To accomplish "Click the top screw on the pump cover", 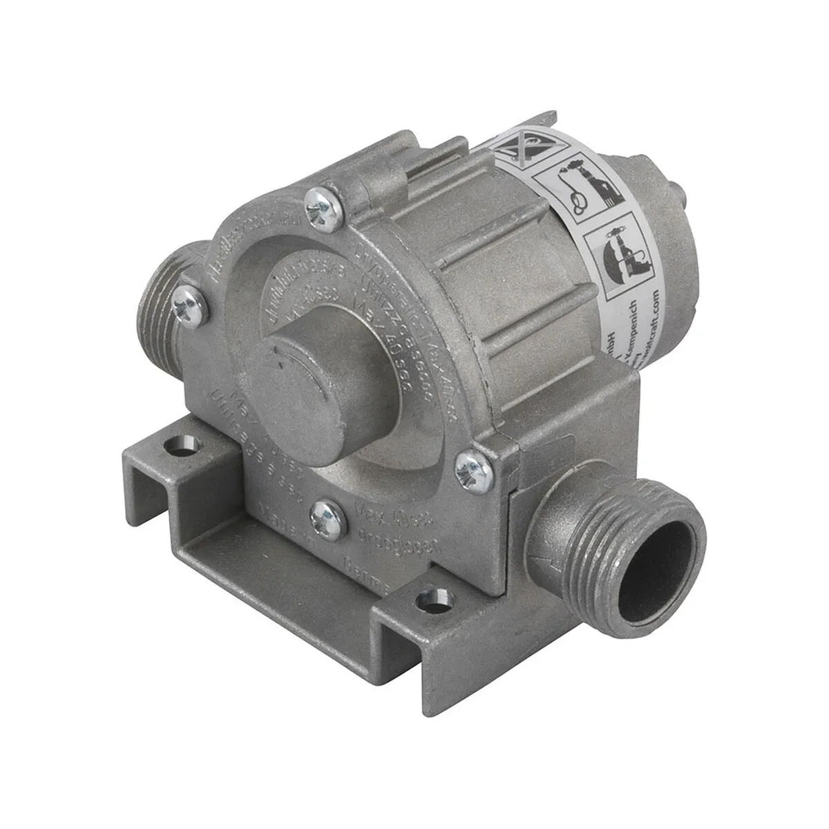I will pos(324,206).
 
